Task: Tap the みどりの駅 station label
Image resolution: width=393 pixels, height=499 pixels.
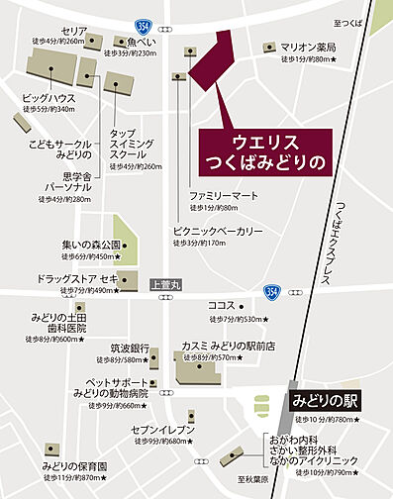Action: point(326,402)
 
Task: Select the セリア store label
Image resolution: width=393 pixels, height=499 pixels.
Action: point(73,31)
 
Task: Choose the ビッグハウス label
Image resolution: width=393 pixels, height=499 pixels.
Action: point(49,97)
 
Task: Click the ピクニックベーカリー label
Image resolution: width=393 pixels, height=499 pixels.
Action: point(218,231)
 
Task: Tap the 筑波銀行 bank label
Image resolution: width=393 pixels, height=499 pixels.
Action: point(129,349)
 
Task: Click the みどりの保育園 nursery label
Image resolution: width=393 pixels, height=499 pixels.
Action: point(75,465)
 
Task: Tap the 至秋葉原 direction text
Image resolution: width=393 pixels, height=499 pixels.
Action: point(244,479)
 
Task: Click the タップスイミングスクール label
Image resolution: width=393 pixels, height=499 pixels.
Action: point(130,145)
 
